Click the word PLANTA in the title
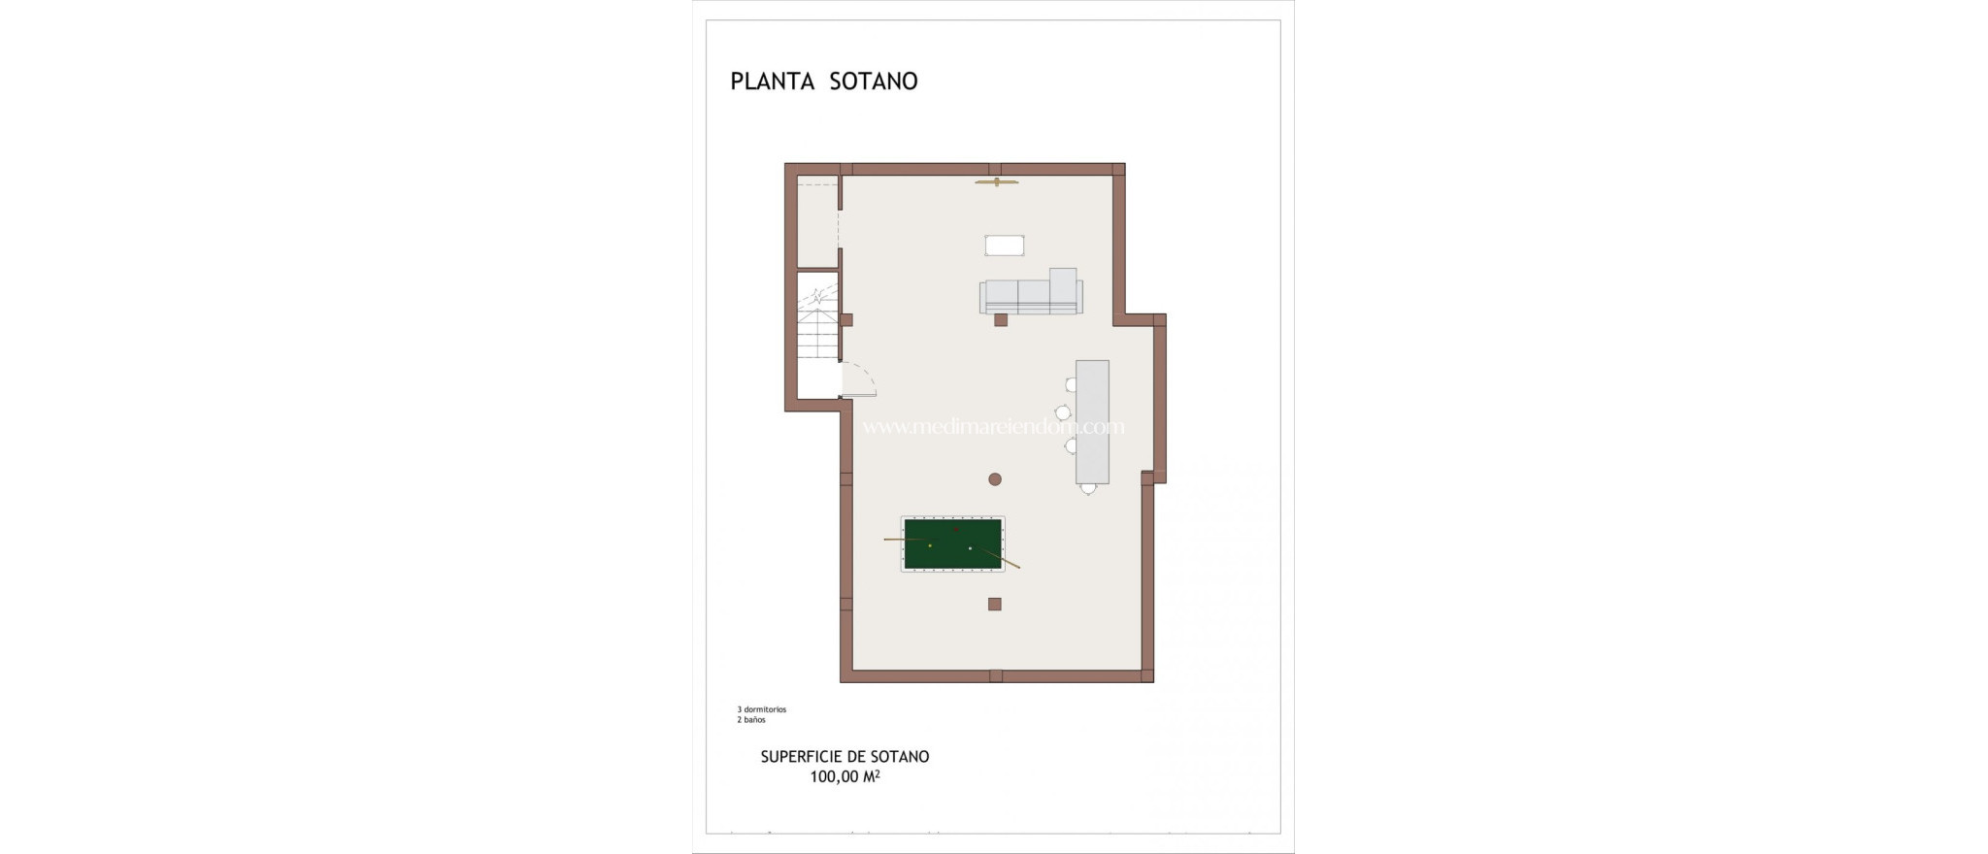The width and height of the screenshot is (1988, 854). coord(772,82)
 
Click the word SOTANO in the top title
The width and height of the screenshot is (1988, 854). coord(873,82)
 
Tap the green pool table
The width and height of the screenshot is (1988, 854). coord(952,543)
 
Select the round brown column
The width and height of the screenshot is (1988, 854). coord(995,478)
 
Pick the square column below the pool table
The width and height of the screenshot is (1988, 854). coord(994,604)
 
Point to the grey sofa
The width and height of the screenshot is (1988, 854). coord(1031,295)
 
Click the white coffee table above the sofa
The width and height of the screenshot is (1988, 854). coord(1005,246)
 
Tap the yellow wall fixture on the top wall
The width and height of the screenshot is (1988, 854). coord(997,181)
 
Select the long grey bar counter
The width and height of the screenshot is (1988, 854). coord(1092,421)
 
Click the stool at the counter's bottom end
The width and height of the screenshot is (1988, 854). coord(1088,488)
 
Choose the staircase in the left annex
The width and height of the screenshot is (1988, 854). coord(817,315)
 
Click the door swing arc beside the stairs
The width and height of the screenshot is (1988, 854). coord(859,378)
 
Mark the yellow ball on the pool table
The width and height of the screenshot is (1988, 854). coord(930,545)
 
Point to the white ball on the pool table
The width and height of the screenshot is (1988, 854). coord(970,548)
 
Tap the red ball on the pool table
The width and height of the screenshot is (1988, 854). coord(956,530)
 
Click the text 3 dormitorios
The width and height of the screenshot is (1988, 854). coord(762,709)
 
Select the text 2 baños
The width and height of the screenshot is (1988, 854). coord(751,720)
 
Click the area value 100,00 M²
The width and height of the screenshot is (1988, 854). coord(845,776)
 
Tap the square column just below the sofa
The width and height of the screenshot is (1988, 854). coord(1001,319)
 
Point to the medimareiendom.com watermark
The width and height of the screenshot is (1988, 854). coord(993,427)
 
